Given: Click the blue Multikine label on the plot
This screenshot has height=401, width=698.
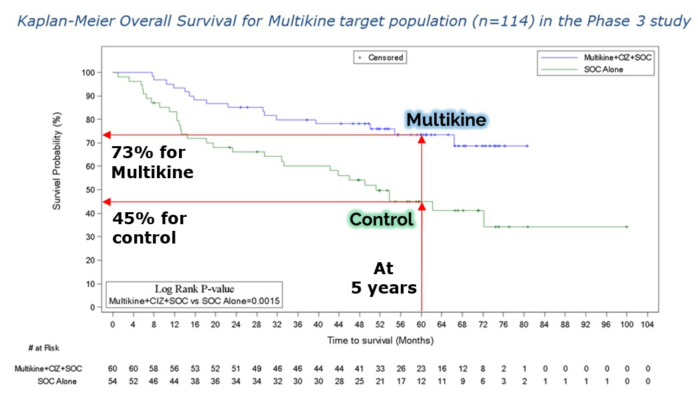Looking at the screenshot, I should (447, 120).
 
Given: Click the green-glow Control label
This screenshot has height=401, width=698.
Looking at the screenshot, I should (381, 219).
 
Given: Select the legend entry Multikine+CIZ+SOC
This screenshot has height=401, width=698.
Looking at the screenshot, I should (617, 57).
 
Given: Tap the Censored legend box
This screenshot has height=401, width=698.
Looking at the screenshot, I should (379, 57).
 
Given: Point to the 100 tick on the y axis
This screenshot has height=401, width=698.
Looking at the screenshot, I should (88, 72).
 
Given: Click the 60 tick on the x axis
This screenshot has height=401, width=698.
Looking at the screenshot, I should (421, 325).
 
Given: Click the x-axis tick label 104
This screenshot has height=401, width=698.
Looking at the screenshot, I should (647, 325).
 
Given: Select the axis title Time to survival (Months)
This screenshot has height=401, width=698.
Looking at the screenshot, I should (380, 340).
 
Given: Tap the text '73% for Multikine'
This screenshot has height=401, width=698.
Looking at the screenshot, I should (152, 162).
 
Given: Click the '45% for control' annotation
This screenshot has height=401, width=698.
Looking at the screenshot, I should (150, 228).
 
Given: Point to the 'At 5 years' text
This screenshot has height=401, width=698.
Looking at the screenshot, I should (384, 278).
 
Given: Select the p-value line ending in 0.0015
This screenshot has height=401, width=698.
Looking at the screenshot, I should (194, 302).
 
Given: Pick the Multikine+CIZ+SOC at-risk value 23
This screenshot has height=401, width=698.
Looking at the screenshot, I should (421, 369).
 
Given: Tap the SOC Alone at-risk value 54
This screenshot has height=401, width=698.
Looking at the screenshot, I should (113, 381).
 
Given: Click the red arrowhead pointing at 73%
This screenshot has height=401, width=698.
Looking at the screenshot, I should (107, 135).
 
